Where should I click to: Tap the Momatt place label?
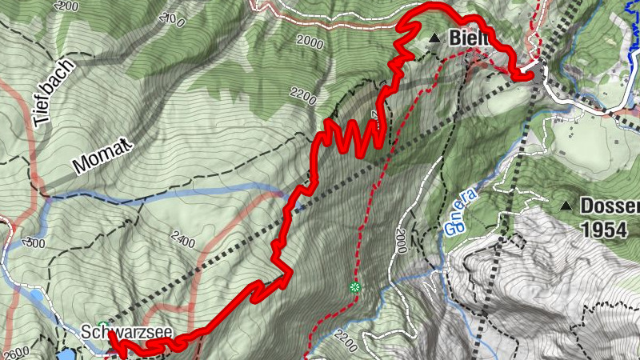(104, 155)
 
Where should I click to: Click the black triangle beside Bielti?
(434, 38)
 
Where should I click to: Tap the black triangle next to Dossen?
(566, 206)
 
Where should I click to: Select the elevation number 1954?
(604, 230)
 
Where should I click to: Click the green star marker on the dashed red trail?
(355, 287)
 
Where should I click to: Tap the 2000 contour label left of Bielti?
(310, 42)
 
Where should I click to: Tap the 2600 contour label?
(16, 352)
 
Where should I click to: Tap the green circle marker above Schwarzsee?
(102, 325)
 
